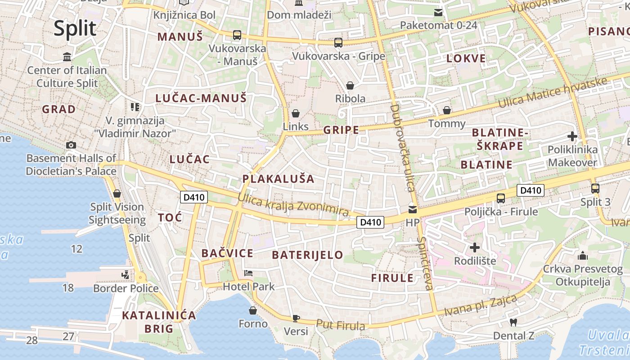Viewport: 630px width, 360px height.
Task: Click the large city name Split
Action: point(75,28)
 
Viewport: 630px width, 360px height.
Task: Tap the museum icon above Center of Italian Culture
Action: point(67,57)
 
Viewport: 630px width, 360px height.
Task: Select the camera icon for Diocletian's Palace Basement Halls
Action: point(71,145)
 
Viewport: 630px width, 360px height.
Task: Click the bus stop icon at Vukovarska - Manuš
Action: point(237,35)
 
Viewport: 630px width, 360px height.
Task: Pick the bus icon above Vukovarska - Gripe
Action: point(338,43)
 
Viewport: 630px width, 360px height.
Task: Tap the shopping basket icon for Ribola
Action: point(350,85)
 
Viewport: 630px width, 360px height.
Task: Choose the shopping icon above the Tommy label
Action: point(447,110)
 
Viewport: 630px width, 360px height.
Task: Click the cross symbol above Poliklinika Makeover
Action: point(572,136)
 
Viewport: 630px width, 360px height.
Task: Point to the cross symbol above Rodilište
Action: point(475,247)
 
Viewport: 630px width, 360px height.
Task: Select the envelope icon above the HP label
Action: point(412,209)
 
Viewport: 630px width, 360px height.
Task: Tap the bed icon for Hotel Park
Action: point(248,273)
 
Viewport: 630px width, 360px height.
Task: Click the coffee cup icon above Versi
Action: point(296,318)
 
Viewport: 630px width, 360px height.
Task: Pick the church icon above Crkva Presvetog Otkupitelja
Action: point(583,256)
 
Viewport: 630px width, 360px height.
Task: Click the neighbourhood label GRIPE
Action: point(341,130)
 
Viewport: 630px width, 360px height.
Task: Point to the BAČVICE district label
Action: point(227,253)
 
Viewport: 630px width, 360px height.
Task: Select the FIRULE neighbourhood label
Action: point(392,278)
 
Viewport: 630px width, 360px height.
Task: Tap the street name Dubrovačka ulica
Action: point(402,148)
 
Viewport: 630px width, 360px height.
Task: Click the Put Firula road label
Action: point(340,324)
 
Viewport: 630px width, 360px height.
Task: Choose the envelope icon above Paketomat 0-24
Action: point(438,12)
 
